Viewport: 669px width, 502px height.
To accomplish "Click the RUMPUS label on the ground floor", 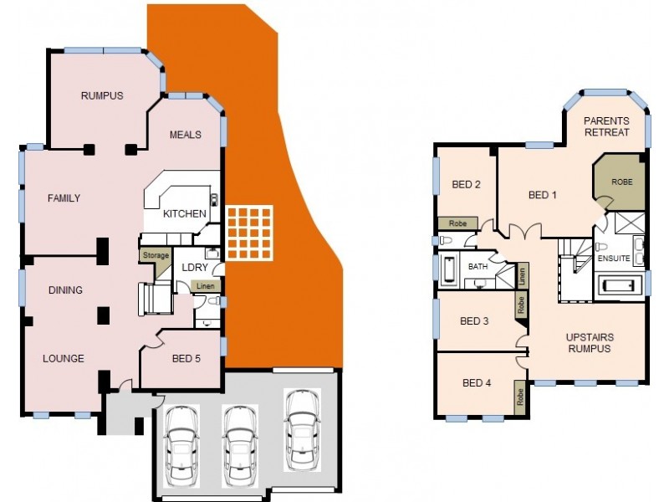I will [x=102, y=95].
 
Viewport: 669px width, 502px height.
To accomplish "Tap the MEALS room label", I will [x=185, y=135].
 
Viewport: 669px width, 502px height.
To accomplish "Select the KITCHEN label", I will [x=184, y=213].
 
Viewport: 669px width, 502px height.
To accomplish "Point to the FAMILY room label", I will [x=64, y=198].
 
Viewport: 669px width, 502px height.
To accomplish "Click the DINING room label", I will [x=65, y=290].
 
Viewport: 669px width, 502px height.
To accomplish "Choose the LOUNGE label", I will [x=64, y=359].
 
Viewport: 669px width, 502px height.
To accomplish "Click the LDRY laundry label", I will [x=195, y=267].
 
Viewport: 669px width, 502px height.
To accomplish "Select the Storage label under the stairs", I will [x=156, y=255].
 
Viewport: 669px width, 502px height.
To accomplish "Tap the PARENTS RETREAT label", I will [x=607, y=126].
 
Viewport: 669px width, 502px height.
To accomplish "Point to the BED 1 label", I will [x=542, y=195].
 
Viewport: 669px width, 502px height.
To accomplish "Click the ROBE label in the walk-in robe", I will [x=621, y=182].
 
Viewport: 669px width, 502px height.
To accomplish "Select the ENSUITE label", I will [x=614, y=259].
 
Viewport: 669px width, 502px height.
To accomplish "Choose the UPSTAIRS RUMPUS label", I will [x=588, y=343].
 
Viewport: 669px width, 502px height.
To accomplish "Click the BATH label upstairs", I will [x=477, y=266].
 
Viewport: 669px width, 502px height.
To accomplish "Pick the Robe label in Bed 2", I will [x=457, y=223].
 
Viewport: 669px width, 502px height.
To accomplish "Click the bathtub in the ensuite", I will [x=620, y=286].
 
